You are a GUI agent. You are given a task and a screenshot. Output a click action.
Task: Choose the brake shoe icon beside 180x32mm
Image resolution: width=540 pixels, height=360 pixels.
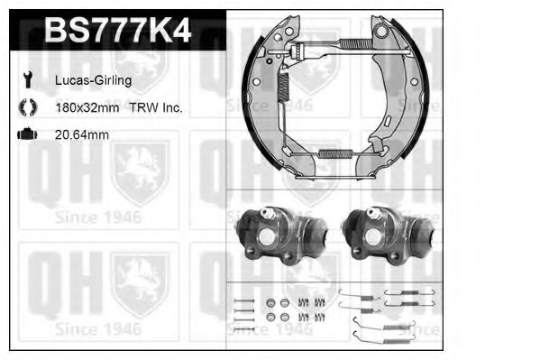[25, 107]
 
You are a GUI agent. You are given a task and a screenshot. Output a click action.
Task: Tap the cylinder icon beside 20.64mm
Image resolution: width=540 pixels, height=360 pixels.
[26, 134]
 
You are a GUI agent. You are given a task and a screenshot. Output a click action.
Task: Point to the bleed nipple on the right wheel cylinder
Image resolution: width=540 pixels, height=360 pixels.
[371, 214]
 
